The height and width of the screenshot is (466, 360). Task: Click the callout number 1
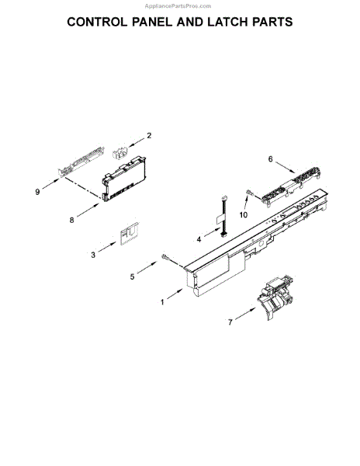point(161,302)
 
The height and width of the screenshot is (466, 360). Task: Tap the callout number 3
point(93,253)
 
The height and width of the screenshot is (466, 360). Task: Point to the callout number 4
point(198,240)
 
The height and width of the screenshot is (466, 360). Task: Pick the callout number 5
point(133,276)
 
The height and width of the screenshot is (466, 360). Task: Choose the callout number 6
point(270,159)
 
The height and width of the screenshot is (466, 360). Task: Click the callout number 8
point(71,220)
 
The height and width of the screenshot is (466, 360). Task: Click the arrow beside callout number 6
point(286,166)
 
